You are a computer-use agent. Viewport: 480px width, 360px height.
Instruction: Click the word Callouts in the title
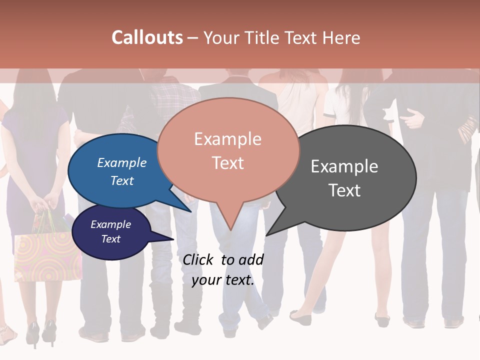[x=147, y=37]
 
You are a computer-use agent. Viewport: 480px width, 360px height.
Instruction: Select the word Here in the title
[x=340, y=37]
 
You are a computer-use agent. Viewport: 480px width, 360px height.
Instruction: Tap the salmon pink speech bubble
[x=228, y=150]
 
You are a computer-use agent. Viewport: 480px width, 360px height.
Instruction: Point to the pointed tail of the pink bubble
[x=230, y=220]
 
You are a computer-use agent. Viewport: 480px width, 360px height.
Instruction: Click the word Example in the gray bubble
[x=344, y=166]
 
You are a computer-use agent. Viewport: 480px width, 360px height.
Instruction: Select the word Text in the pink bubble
[x=228, y=163]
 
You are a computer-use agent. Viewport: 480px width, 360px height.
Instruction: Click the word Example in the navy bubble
[x=111, y=225]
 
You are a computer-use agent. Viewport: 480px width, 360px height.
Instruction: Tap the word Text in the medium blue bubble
[x=122, y=180]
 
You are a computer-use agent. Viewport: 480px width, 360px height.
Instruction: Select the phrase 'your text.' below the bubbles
[x=223, y=280]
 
